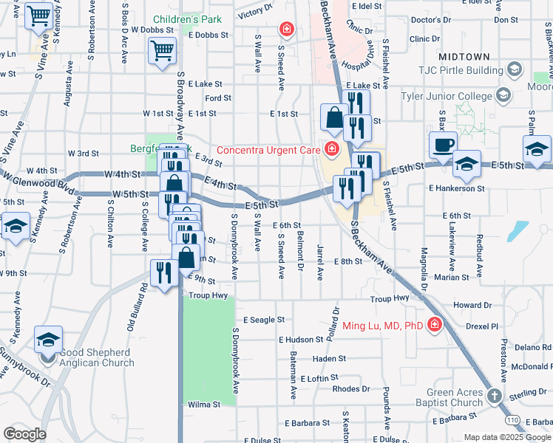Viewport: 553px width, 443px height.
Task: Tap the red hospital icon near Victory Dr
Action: click(285, 30)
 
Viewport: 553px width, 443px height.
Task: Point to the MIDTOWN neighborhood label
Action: click(464, 56)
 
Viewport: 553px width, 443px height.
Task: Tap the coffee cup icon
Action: click(443, 145)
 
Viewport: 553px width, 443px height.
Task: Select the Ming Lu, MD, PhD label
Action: click(382, 325)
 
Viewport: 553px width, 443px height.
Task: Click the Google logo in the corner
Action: click(24, 433)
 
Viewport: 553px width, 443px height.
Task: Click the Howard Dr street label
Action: click(472, 305)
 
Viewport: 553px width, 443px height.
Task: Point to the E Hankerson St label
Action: click(457, 188)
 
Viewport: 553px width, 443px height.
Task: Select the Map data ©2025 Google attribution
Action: click(507, 437)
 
